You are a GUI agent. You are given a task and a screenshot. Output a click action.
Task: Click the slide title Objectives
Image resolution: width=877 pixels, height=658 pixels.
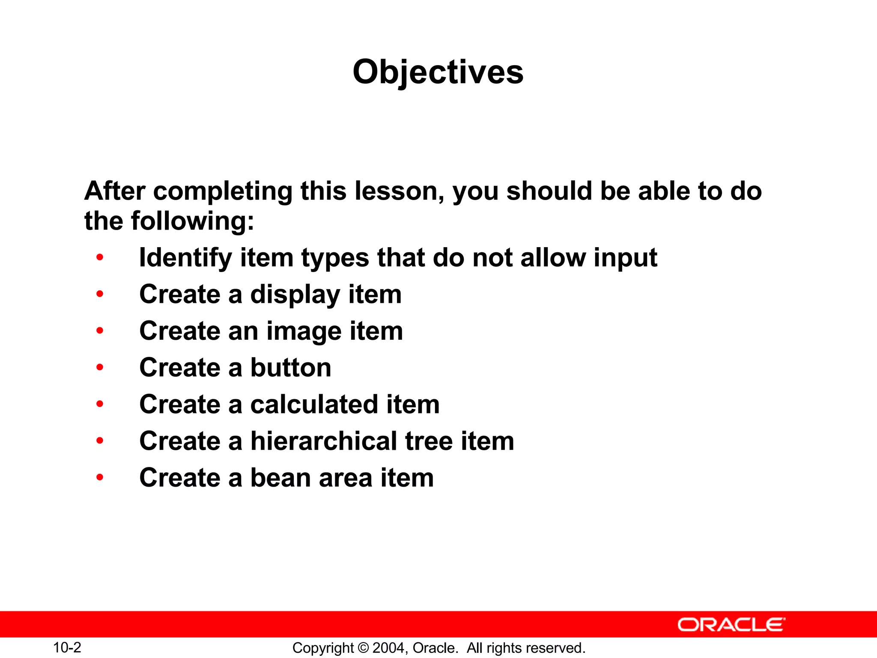pos(438,72)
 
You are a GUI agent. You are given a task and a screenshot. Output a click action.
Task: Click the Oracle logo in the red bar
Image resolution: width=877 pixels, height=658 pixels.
pos(731,625)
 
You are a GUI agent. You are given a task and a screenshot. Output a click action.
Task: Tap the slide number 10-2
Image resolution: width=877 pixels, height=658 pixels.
pos(67,647)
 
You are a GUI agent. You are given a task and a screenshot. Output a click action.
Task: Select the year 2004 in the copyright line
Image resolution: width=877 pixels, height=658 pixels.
pos(389,648)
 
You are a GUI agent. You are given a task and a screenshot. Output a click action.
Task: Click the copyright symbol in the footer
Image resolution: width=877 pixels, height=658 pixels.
pos(363,648)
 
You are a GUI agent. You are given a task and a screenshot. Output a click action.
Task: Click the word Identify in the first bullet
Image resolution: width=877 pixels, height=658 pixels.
pos(185,258)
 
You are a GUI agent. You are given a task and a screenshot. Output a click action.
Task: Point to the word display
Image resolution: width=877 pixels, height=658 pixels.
pos(295,295)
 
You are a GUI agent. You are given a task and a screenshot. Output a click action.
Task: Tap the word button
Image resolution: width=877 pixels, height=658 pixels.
pos(291,368)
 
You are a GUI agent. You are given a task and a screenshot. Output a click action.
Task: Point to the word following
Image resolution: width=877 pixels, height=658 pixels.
pos(192,221)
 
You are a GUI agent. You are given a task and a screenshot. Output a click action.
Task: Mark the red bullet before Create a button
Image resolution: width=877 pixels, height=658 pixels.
pos(100,367)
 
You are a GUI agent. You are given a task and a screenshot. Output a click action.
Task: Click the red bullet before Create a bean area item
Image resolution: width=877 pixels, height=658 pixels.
pos(100,477)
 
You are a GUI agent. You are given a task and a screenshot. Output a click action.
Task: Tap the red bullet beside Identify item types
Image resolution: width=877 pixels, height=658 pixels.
pos(100,257)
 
